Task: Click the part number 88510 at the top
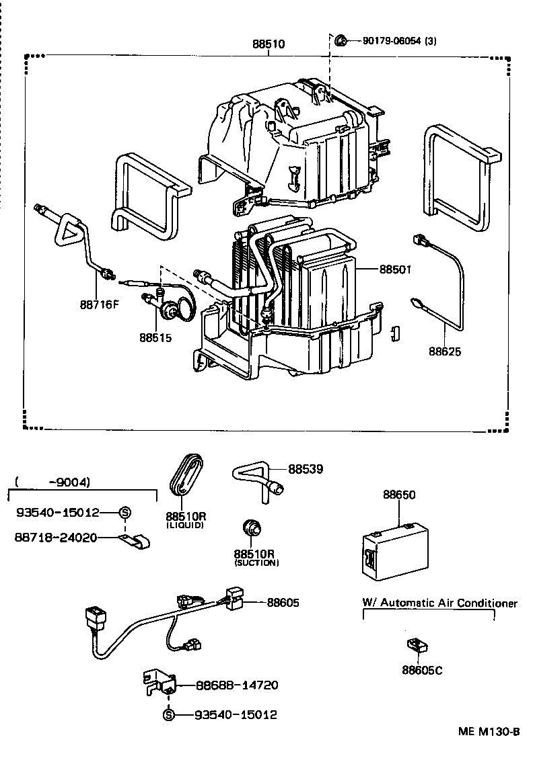pyautogui.click(x=269, y=44)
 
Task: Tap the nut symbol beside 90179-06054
pyautogui.click(x=341, y=40)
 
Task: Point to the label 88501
pyautogui.click(x=395, y=269)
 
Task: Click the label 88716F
pyautogui.click(x=99, y=304)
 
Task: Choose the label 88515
pyautogui.click(x=155, y=337)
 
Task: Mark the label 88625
pyautogui.click(x=446, y=350)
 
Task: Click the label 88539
pyautogui.click(x=306, y=469)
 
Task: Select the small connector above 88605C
pyautogui.click(x=418, y=646)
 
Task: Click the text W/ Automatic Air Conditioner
pyautogui.click(x=440, y=603)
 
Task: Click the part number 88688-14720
pyautogui.click(x=237, y=685)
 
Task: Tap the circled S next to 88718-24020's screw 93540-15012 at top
pyautogui.click(x=125, y=513)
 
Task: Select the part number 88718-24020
pyautogui.click(x=57, y=538)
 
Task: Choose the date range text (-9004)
pyautogui.click(x=51, y=482)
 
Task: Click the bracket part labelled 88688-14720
pyautogui.click(x=159, y=682)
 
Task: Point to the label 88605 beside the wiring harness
pyautogui.click(x=283, y=603)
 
